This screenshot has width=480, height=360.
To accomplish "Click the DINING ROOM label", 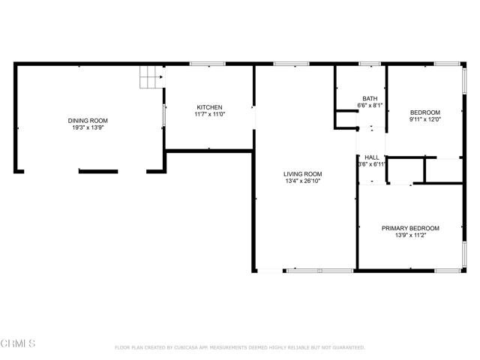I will coord(88,121).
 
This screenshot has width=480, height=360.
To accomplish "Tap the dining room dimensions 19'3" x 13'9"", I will coord(88,127).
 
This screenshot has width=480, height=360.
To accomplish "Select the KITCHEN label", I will coord(209,106).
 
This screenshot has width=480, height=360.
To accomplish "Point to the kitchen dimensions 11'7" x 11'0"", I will coord(209,113).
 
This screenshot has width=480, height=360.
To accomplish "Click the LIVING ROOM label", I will coord(302,172).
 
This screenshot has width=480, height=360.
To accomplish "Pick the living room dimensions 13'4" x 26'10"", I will coord(302,179).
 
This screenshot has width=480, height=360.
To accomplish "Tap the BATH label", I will coord(370,98).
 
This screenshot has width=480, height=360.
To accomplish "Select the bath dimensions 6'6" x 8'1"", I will coord(370,105).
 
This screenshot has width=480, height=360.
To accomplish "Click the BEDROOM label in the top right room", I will coord(424,112).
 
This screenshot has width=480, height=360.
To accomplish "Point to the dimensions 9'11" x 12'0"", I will coord(424,118).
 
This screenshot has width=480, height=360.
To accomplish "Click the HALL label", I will coord(371,157).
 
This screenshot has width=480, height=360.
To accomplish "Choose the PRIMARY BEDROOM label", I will coord(410,228).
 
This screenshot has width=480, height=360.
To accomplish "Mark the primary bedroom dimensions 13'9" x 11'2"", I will coord(410,235).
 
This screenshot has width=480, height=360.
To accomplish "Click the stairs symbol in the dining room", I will coord(151,77).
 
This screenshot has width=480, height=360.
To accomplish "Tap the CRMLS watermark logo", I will coord(19,343).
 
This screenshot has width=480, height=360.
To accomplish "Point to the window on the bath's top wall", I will coord(369,64).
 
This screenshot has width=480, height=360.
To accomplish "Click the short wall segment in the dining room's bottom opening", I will coord(98,172).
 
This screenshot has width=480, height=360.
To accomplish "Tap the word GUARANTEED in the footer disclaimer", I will coord(349,348).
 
